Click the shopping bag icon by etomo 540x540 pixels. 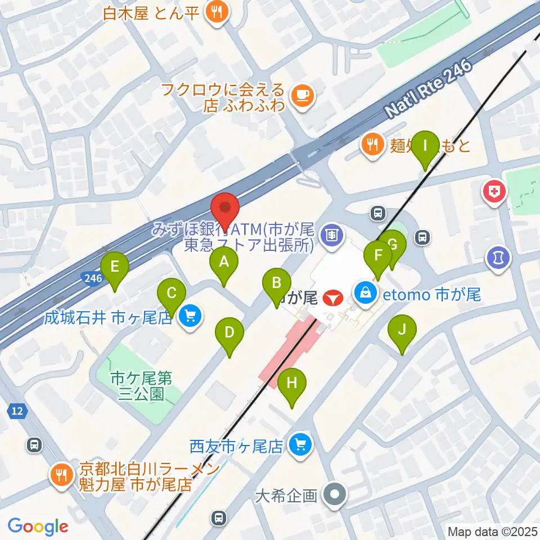point(365,292)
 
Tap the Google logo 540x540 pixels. point(38,526)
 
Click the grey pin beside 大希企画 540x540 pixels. point(336,496)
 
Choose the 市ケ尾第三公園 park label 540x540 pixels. point(137,385)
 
